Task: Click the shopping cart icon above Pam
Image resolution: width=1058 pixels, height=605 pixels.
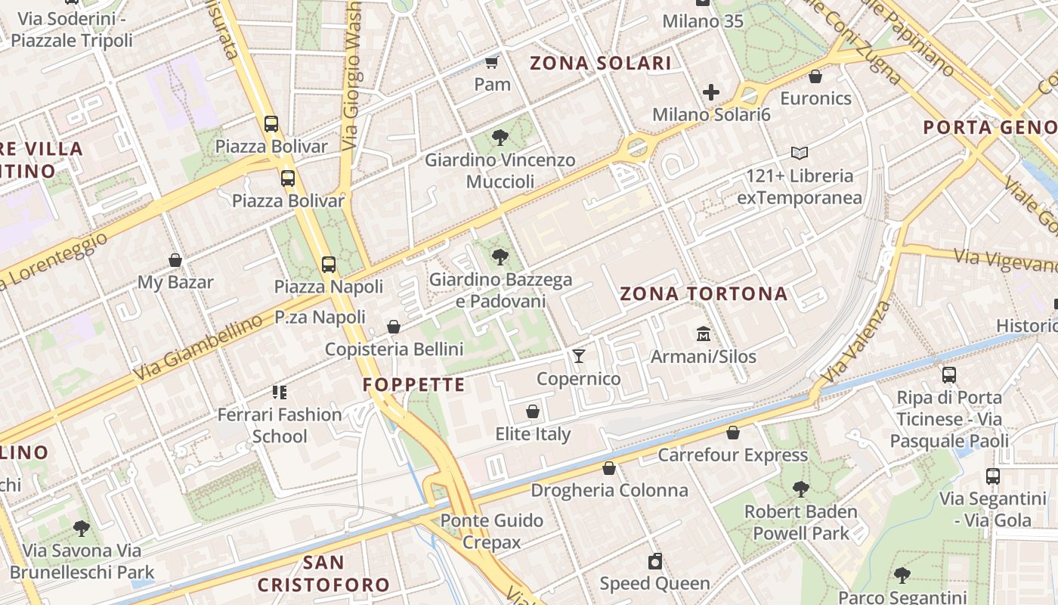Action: tap(493, 62)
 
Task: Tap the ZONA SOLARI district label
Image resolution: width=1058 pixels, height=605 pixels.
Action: tap(600, 64)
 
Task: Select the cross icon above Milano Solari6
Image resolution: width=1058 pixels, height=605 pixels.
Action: tap(711, 93)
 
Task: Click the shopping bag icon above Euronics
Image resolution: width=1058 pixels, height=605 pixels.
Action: tap(815, 76)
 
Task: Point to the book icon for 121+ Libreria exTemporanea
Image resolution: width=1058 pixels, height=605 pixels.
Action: tap(800, 154)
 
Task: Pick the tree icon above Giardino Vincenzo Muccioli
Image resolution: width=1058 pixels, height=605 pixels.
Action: tap(500, 138)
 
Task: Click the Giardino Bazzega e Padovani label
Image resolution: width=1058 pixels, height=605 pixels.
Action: tap(500, 290)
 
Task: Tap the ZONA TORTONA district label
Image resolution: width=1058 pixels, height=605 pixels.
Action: tap(704, 294)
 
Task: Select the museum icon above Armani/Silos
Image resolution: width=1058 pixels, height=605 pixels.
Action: tap(704, 334)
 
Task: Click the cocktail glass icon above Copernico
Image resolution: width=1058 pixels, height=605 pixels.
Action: tap(579, 356)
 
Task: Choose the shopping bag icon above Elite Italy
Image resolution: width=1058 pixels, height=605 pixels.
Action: tap(533, 412)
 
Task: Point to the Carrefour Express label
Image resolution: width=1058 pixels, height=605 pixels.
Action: tap(732, 455)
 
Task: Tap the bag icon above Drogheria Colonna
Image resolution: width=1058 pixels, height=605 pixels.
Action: tap(609, 468)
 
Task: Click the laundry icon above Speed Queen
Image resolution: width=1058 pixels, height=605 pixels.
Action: tap(655, 561)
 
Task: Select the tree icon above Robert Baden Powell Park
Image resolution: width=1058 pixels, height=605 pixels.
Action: tap(801, 489)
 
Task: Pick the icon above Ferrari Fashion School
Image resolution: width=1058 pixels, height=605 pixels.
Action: tap(280, 392)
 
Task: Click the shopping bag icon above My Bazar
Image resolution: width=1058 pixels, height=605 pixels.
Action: tap(175, 260)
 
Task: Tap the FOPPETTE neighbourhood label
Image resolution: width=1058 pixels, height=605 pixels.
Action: tap(413, 385)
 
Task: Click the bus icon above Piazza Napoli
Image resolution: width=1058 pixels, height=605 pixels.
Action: tap(329, 265)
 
